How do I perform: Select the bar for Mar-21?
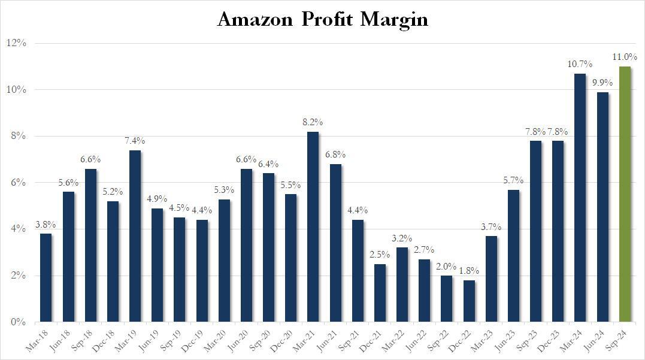pos(313,227)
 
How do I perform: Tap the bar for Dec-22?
pos(469,301)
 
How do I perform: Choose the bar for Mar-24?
pos(580,198)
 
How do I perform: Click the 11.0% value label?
pos(624,58)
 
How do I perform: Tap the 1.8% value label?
pos(469,271)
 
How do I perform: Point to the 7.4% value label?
pos(135,141)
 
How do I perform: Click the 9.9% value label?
pos(602,83)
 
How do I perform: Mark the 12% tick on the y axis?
pos(17,43)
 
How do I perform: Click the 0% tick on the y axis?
pos(19,322)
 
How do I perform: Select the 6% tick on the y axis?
pos(19,183)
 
